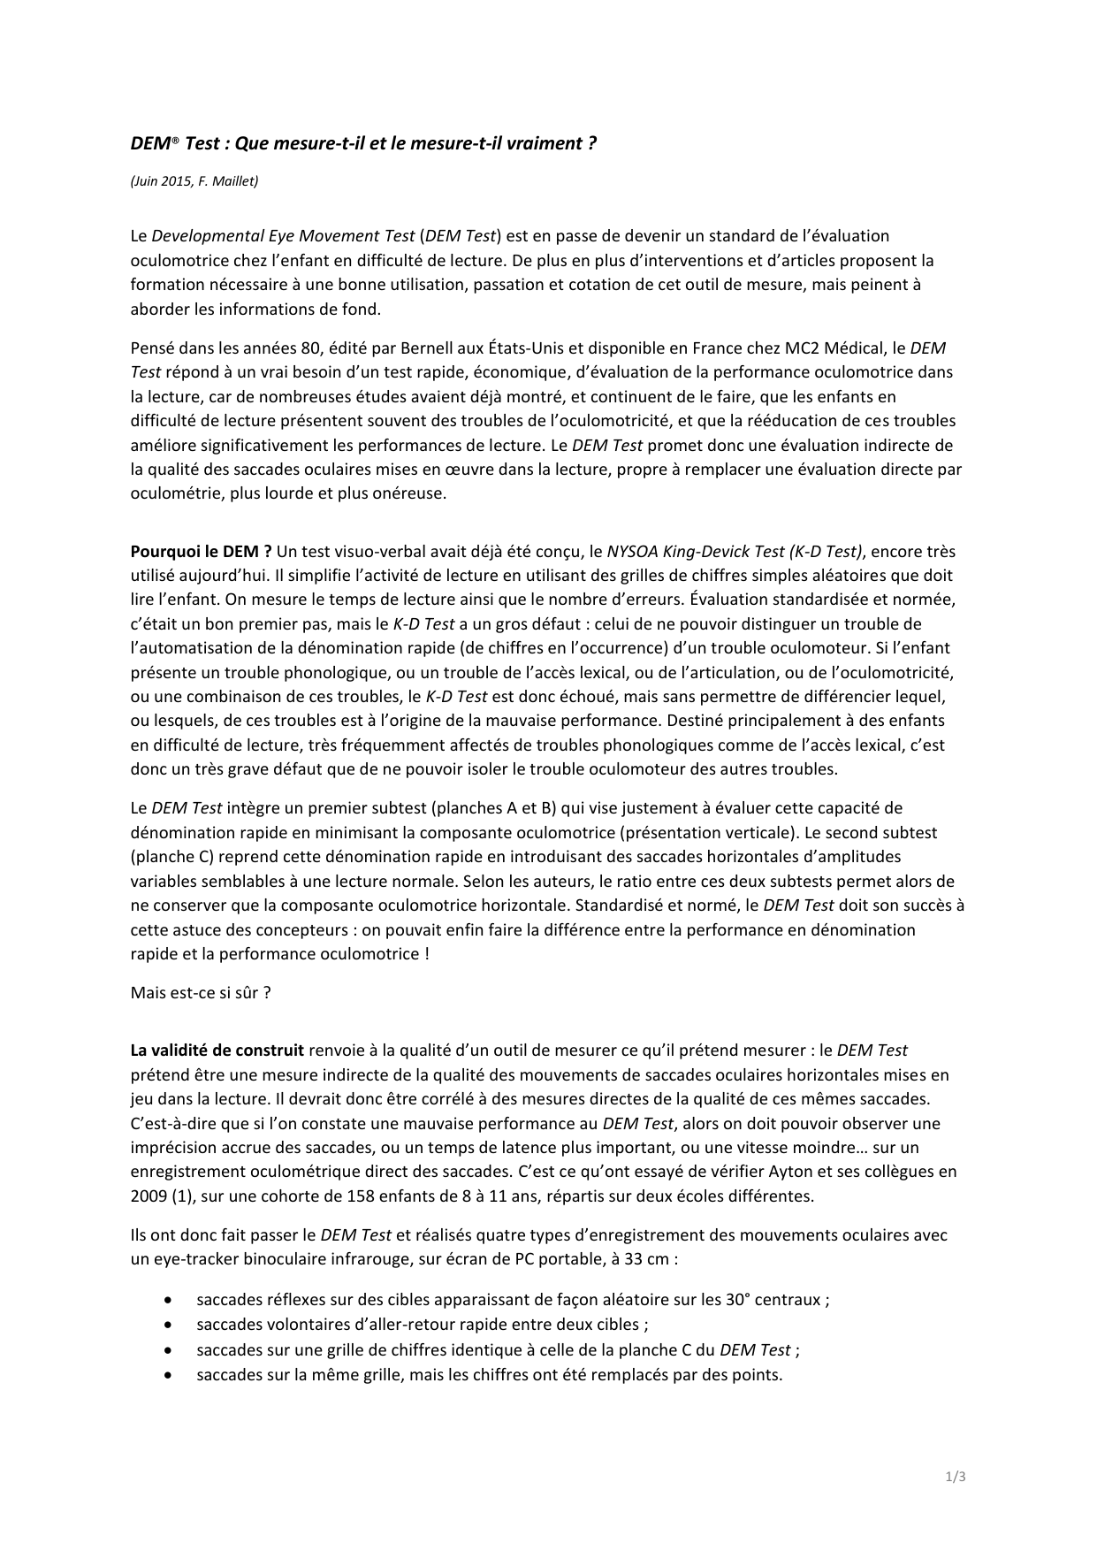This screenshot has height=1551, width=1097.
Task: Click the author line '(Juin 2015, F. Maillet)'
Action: coord(194,181)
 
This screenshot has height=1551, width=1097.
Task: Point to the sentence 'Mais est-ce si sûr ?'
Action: coord(201,992)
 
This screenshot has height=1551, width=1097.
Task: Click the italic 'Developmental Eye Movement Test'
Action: coord(283,236)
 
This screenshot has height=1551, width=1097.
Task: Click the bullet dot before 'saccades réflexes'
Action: coord(168,1300)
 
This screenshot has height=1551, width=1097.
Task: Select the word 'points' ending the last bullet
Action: coord(758,1375)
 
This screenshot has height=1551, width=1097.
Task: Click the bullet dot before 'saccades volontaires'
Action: coord(168,1325)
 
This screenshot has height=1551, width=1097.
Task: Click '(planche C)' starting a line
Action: coord(172,857)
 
